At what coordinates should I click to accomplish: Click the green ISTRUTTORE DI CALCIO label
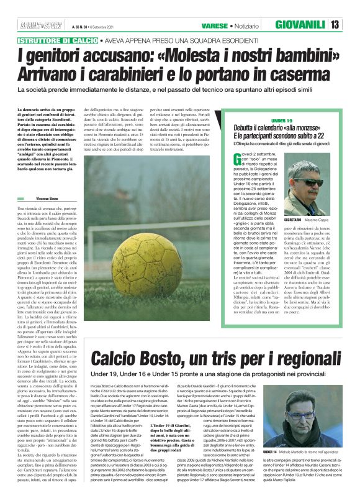pyautogui.click(x=50, y=40)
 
